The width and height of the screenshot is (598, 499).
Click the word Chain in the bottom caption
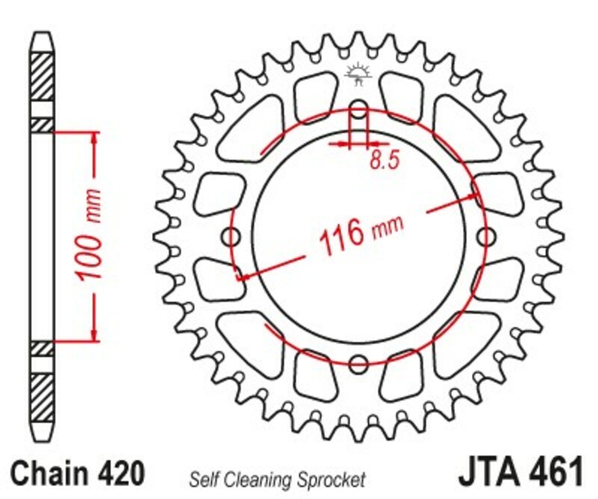(48, 474)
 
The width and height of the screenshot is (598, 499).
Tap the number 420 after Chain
(119, 474)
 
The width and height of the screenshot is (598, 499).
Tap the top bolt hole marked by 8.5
(359, 111)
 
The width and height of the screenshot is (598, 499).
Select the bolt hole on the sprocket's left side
(232, 238)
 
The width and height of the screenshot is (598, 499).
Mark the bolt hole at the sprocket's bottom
(359, 365)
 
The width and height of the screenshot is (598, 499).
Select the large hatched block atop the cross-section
(41, 83)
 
